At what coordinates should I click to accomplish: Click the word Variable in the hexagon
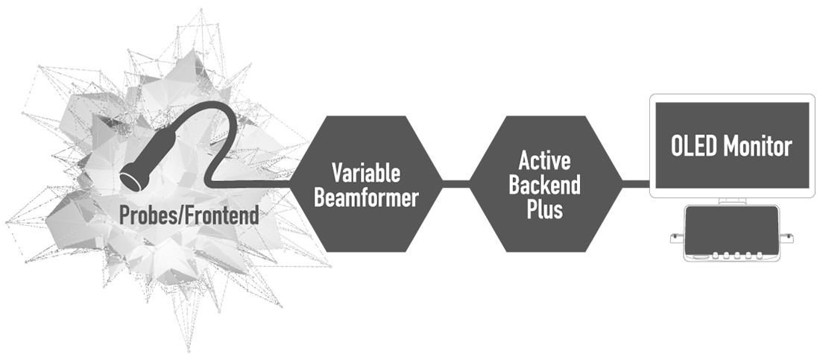click(366, 173)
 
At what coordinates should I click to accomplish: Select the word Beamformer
click(366, 198)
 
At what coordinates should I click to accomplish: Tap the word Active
click(545, 160)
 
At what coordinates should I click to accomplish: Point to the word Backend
click(545, 184)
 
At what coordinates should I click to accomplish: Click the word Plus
click(545, 209)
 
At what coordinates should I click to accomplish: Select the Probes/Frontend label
click(189, 215)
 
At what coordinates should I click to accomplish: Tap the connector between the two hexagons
click(456, 183)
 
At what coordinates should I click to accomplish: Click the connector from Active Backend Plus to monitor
click(636, 183)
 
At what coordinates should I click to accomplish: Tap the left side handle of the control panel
click(678, 238)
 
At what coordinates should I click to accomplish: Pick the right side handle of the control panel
click(786, 238)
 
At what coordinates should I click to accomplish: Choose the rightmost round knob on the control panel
click(758, 256)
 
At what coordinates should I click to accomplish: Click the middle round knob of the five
click(737, 256)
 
